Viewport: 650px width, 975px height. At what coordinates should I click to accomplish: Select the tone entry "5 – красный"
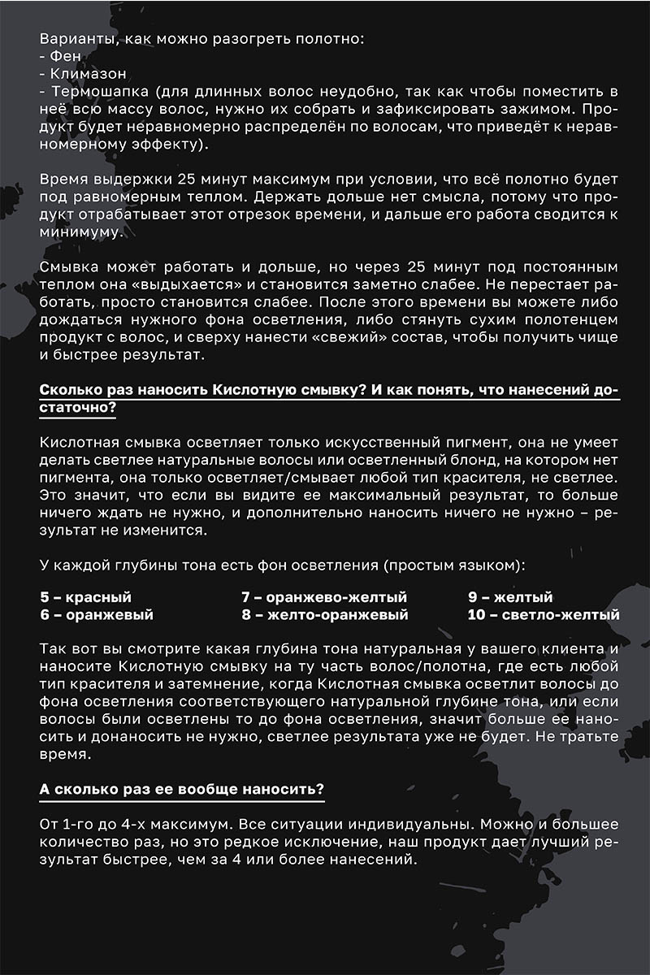[x=85, y=597]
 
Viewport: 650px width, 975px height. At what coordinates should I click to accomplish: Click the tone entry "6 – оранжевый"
[x=97, y=615]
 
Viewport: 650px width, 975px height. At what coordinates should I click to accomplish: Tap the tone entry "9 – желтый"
[x=510, y=597]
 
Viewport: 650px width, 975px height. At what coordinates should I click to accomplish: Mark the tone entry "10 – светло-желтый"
[x=544, y=615]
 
